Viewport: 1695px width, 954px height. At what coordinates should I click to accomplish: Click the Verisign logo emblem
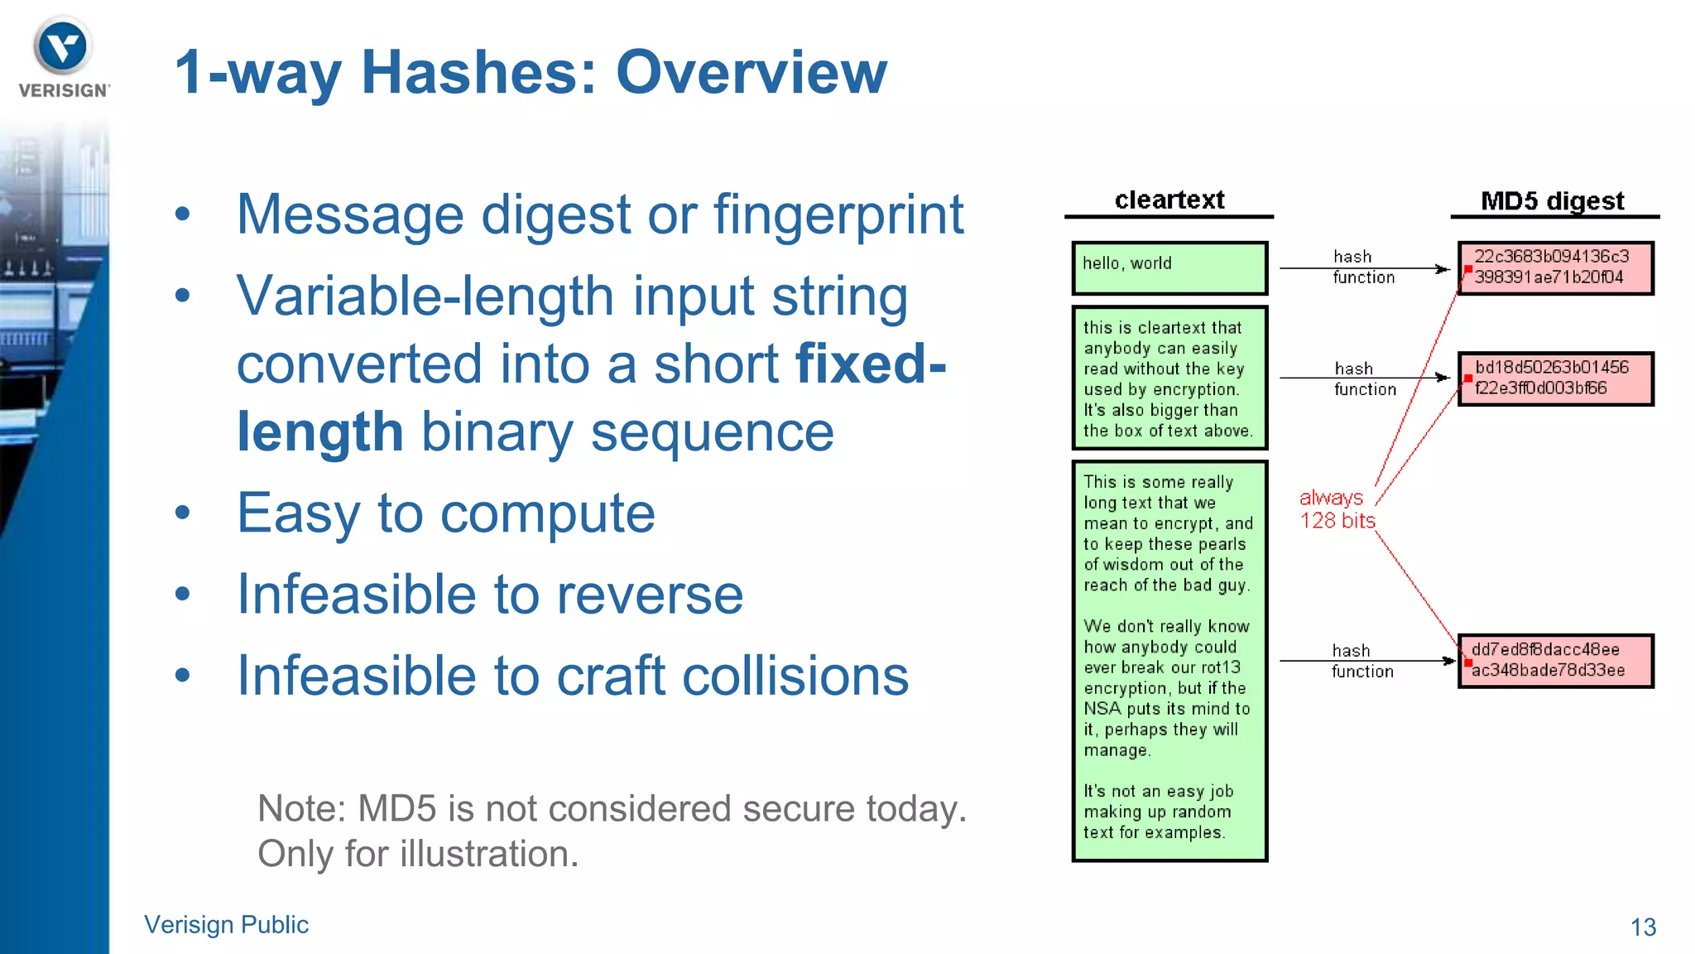click(62, 46)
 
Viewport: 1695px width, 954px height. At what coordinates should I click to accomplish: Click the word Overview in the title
click(751, 73)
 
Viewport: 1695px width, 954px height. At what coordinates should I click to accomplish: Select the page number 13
click(1643, 927)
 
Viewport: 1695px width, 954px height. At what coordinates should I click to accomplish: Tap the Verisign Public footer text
click(226, 924)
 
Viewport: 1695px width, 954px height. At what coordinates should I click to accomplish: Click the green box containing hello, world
click(1169, 267)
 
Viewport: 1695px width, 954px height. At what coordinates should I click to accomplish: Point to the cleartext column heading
click(1169, 200)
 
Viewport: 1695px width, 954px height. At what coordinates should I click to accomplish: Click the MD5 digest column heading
click(1552, 201)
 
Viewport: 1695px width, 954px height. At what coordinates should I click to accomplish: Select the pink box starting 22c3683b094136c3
click(1555, 267)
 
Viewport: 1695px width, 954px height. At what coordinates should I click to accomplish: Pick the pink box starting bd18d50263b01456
click(1555, 378)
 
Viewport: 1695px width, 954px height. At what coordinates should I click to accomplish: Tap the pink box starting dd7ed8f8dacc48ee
click(1555, 660)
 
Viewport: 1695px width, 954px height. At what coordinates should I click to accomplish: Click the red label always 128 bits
click(1336, 508)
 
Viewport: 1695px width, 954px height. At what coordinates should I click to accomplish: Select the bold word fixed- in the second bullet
click(870, 364)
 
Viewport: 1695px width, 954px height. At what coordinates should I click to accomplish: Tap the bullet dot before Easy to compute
click(183, 513)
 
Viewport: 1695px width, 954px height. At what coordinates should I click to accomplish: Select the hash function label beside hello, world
click(1362, 267)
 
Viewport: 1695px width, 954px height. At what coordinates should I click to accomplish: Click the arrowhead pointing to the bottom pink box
click(1448, 661)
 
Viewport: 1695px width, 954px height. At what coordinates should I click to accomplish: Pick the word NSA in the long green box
click(1102, 709)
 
